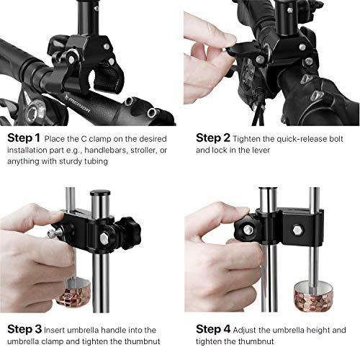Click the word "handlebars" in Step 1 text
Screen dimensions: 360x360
click(119, 150)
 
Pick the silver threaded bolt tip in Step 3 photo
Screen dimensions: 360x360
click(50, 233)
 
